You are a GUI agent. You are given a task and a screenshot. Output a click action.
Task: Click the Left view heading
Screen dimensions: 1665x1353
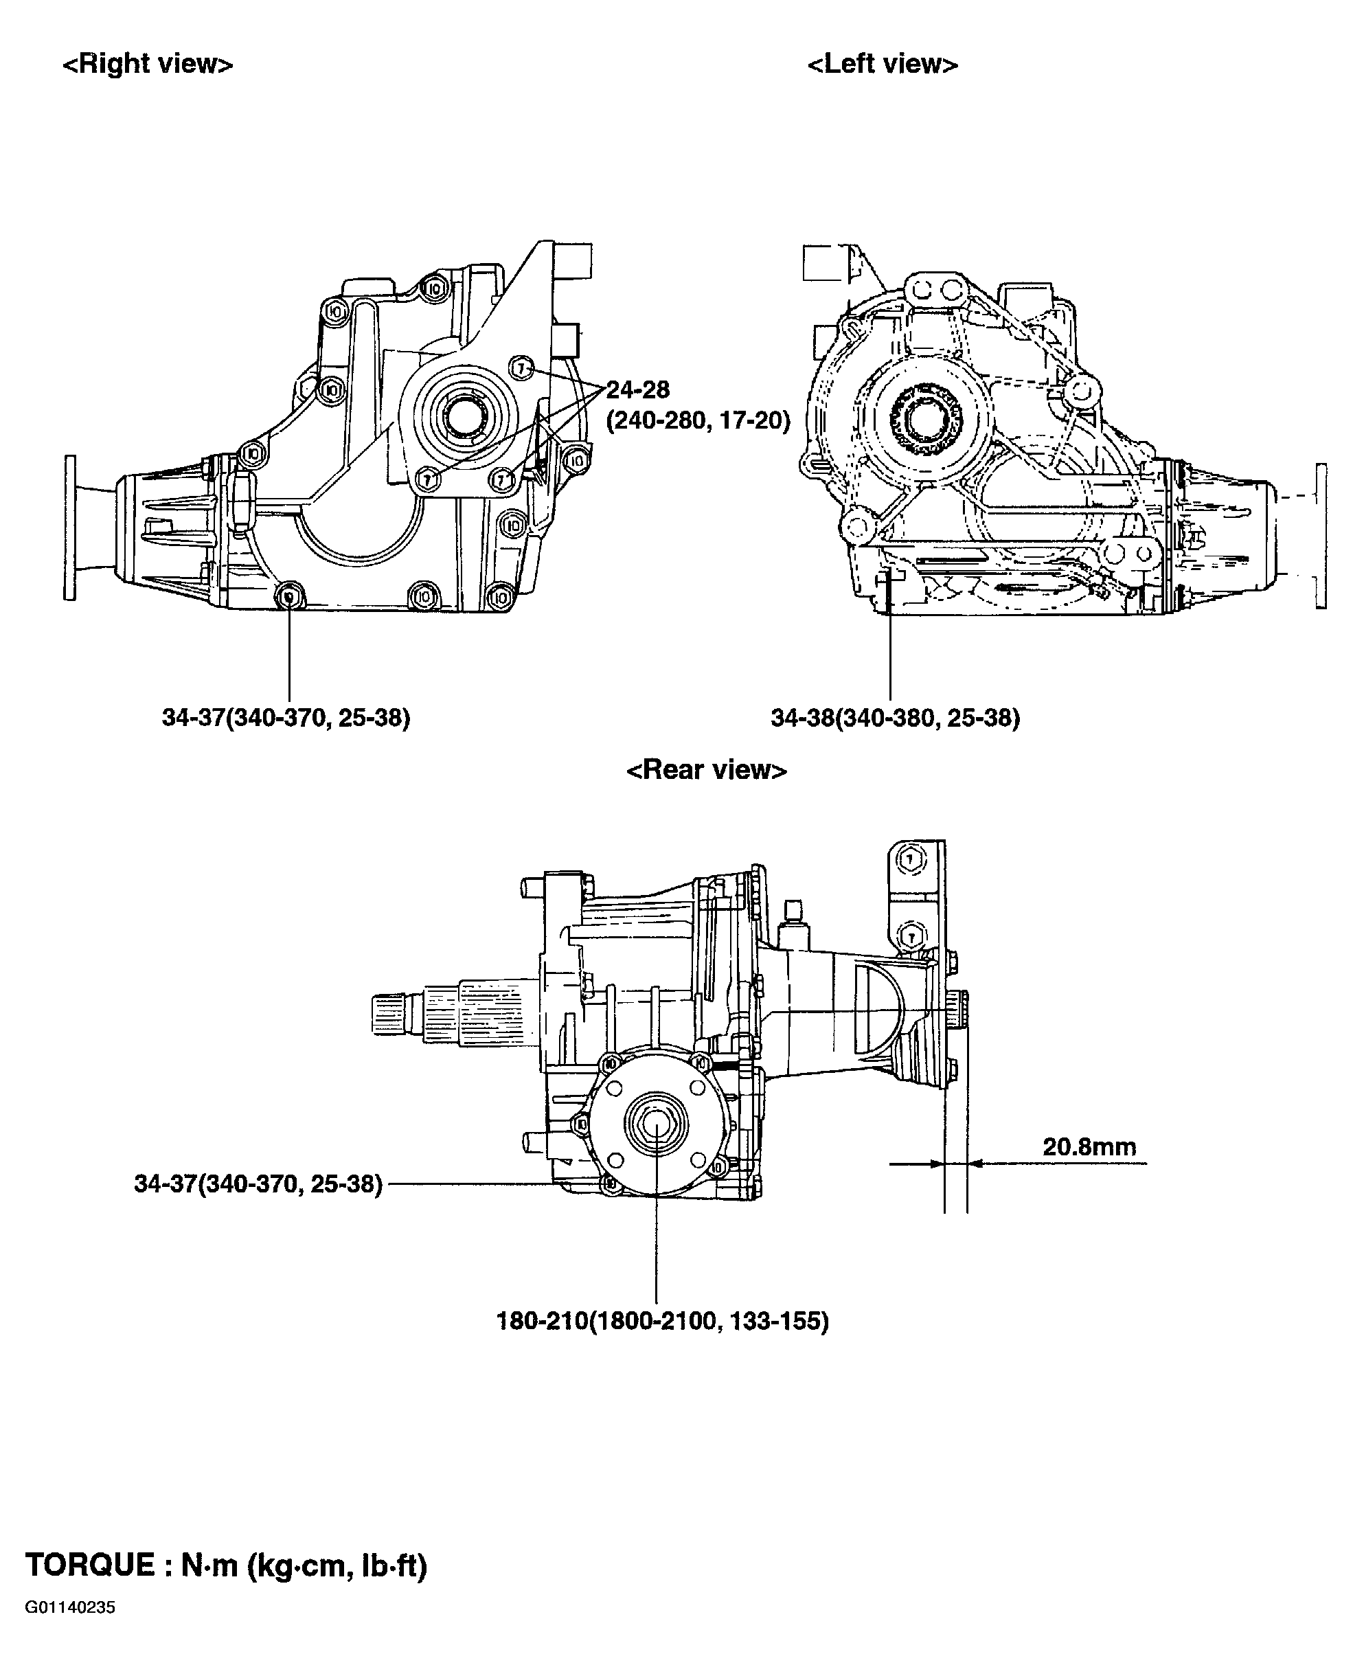pos(883,64)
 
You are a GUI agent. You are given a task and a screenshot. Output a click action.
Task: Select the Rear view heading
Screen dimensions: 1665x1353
pos(706,770)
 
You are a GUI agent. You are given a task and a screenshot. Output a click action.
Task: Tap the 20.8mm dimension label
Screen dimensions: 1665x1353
pos(1089,1146)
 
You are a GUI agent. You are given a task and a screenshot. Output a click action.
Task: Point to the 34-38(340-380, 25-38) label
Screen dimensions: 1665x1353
pos(895,718)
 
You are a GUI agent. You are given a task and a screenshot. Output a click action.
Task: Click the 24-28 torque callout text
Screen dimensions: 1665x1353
pos(637,389)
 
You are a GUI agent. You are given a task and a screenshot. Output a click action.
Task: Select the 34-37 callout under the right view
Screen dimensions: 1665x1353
pos(285,718)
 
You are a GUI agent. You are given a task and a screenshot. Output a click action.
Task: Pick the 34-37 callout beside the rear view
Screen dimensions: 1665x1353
pos(258,1184)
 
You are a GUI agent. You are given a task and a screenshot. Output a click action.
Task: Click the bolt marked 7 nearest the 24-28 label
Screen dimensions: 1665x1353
pos(521,366)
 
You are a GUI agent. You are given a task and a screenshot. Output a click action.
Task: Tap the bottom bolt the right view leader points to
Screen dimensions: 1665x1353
pos(289,596)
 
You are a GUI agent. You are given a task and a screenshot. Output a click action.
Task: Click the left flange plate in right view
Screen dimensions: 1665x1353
pos(70,528)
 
